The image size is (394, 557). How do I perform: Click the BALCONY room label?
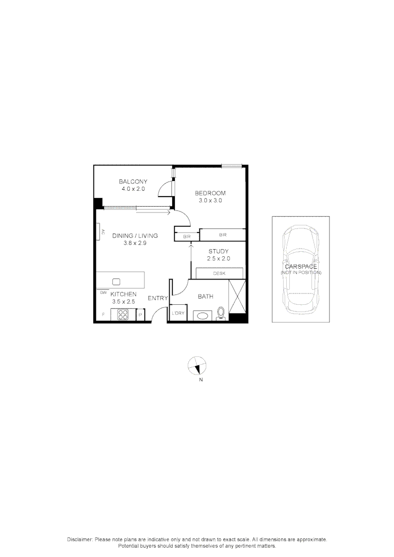coord(133,182)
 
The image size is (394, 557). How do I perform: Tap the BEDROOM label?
coord(210,193)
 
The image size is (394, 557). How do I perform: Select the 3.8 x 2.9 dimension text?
coord(135,243)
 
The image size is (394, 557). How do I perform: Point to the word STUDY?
coord(218,251)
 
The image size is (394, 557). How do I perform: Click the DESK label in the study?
coord(219,273)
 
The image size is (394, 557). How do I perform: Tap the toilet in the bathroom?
coord(221,313)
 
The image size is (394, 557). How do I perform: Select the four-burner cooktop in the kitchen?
coord(123,314)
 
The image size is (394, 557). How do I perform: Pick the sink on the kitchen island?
coord(116,281)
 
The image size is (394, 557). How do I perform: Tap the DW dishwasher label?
coord(103,292)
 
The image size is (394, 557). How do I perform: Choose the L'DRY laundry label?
coord(178,314)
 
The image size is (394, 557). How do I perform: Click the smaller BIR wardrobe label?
coord(187,236)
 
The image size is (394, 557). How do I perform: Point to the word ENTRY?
coord(158,298)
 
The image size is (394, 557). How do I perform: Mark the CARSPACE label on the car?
coord(301,267)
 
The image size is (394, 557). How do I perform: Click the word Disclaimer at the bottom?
coord(79,539)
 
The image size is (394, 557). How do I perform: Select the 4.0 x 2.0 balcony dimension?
coord(133,189)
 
